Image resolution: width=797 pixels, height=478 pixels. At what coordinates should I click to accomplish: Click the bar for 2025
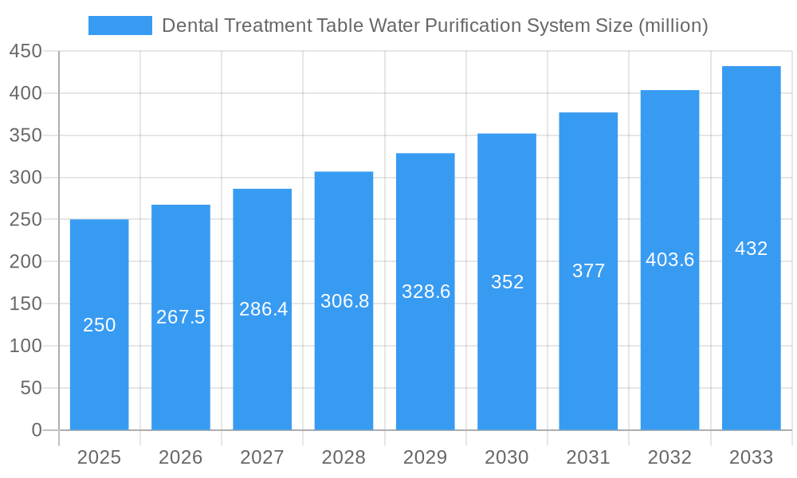point(100,324)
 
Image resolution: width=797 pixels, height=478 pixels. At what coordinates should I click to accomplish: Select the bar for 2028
point(344,300)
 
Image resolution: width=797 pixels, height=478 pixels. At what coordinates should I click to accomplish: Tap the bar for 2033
point(751,248)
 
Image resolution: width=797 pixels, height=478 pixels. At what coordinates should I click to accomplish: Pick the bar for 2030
point(507,281)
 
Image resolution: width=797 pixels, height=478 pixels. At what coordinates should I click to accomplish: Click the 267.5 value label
point(181,317)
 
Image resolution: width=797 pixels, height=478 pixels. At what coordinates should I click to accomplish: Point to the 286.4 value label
point(263,309)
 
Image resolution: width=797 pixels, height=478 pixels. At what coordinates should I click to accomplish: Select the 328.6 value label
point(426,292)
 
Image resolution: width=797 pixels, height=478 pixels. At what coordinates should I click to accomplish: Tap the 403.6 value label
point(669,260)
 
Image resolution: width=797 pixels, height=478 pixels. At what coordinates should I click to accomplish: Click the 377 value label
point(588,271)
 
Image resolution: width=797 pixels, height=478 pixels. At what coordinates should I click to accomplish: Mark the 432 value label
point(751,249)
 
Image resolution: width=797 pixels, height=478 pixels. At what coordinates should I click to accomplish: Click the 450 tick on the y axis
point(26,52)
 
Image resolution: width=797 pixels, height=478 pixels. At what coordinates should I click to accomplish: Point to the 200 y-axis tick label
point(26,262)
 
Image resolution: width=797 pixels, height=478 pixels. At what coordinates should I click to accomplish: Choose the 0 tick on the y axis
point(37,430)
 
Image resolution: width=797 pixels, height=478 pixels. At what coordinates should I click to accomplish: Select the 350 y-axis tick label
point(26,136)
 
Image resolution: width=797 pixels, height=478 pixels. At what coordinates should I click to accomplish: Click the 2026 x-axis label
point(181,457)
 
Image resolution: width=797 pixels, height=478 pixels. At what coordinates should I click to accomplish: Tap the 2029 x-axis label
point(426,457)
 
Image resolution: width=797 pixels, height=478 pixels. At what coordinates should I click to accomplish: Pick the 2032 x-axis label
point(669,457)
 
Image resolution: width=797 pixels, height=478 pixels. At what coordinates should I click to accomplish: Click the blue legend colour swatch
point(120,25)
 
